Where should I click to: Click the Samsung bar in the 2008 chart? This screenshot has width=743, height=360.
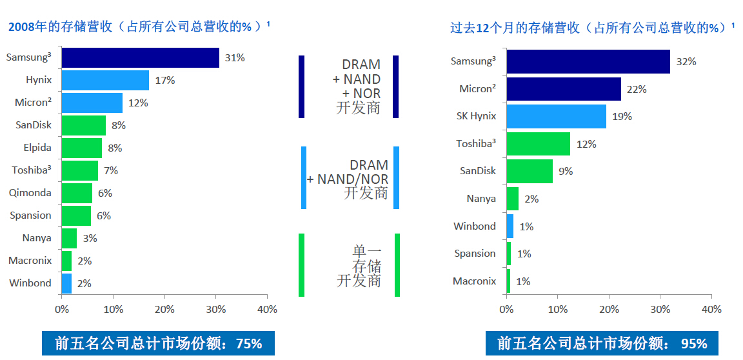(x=140, y=57)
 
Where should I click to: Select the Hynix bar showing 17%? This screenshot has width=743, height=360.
(x=105, y=80)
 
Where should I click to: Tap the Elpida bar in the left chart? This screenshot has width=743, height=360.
(x=81, y=148)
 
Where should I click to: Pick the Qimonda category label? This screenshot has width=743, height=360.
(x=30, y=193)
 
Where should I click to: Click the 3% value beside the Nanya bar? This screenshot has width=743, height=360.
(x=90, y=238)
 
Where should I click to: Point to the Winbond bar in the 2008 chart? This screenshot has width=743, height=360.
(x=66, y=283)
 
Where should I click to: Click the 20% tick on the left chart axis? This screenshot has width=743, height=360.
(x=164, y=310)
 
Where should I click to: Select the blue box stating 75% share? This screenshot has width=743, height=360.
(x=158, y=343)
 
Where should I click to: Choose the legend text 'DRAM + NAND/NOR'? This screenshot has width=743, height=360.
(x=349, y=178)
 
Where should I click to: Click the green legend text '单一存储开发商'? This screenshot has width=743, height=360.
(x=359, y=265)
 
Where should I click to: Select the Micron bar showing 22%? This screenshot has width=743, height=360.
(x=563, y=89)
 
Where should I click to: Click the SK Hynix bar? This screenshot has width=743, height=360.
(x=556, y=116)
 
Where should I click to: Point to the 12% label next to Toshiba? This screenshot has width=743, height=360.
(x=586, y=144)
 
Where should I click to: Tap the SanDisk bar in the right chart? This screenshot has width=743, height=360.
(x=530, y=171)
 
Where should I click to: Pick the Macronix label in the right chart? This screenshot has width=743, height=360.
(x=474, y=281)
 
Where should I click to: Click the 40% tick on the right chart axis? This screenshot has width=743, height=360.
(x=711, y=310)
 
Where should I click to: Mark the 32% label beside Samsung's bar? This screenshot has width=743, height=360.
(x=686, y=61)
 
